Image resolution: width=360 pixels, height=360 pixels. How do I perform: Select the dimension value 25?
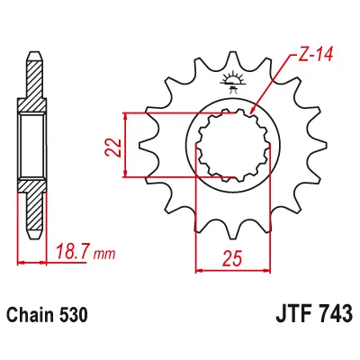click(x=232, y=259)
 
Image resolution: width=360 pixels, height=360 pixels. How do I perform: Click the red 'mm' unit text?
click(x=104, y=255)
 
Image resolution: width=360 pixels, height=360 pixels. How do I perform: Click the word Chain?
click(x=30, y=315)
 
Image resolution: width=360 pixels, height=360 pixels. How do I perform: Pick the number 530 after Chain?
click(x=73, y=315)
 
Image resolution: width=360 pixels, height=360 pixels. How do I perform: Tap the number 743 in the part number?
click(x=337, y=313)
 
